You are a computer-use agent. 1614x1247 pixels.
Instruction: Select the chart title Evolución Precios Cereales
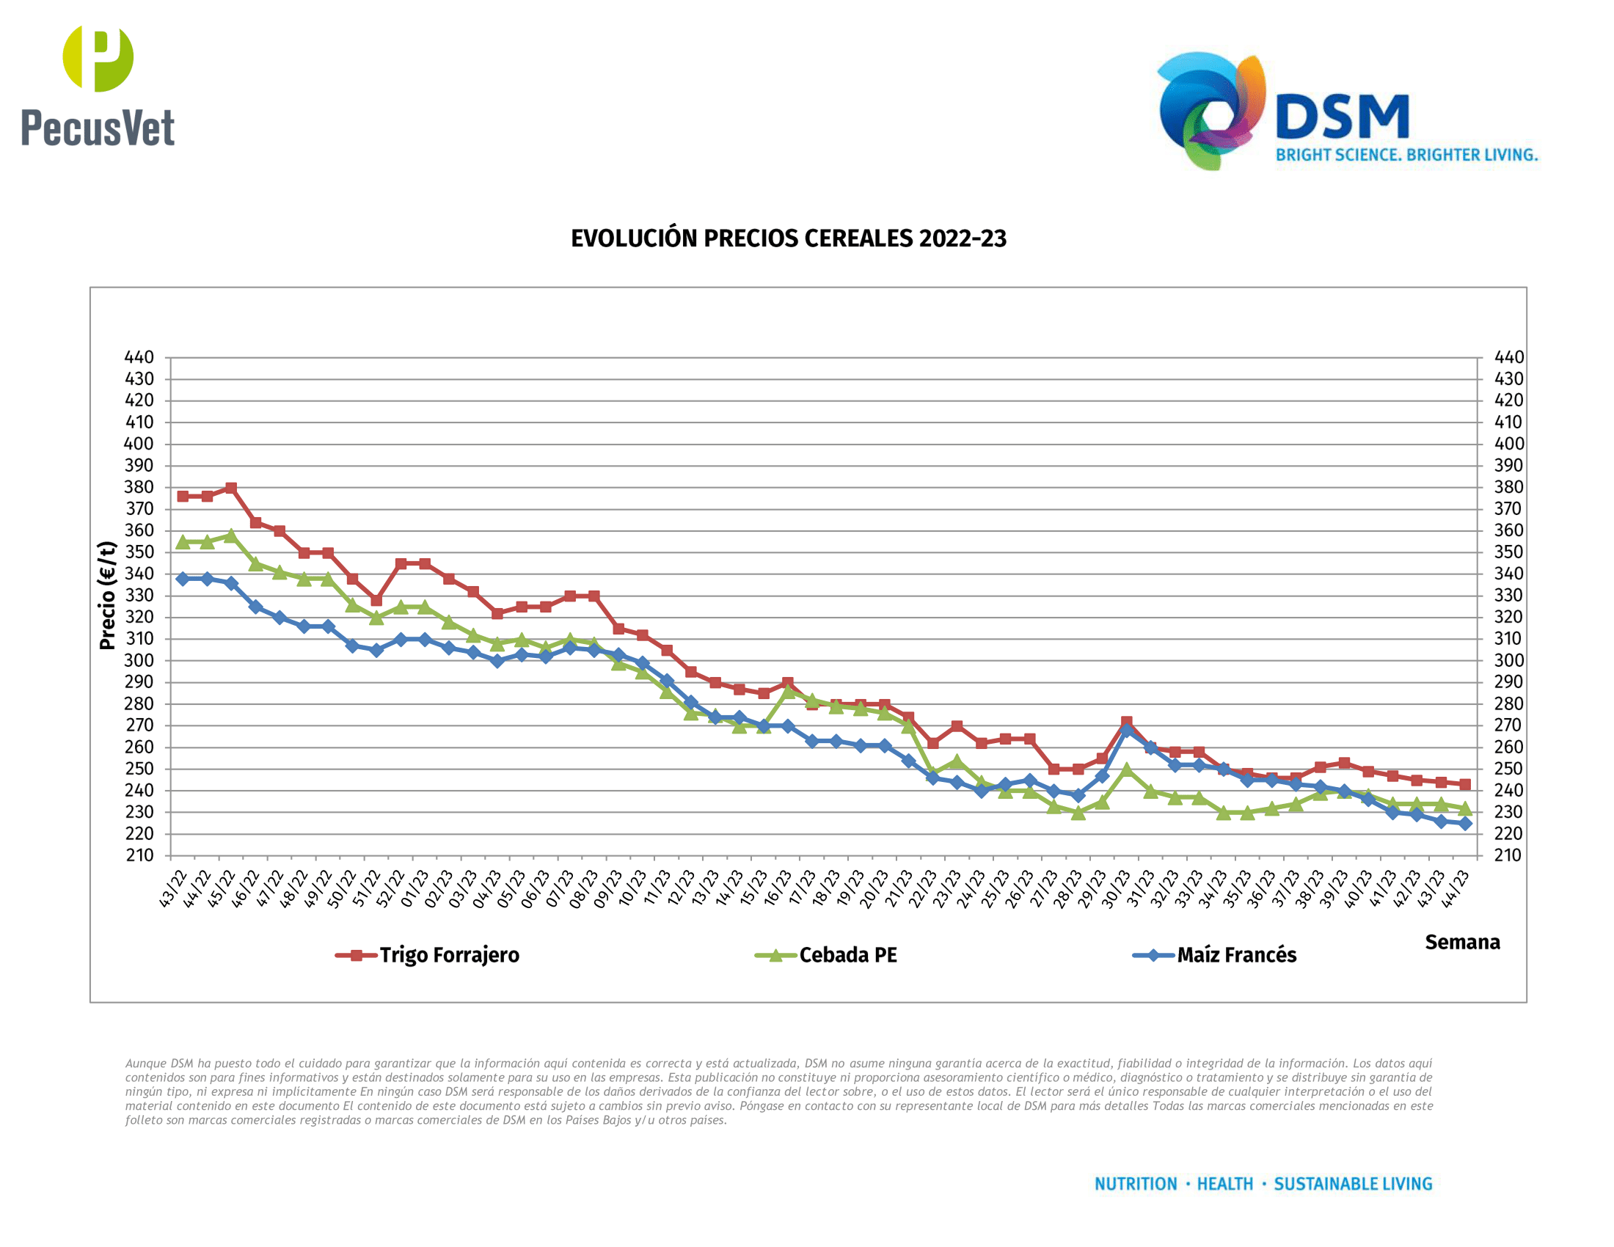tap(788, 238)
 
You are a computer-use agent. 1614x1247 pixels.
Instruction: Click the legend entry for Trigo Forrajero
tap(448, 955)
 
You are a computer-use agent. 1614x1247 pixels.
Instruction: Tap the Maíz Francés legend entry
tap(1235, 955)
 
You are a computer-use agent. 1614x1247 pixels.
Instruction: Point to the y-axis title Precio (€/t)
tap(108, 596)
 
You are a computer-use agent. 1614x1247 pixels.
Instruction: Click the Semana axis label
tap(1461, 943)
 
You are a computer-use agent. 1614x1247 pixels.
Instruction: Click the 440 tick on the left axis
tap(139, 357)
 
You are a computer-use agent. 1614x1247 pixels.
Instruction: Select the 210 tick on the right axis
tap(1508, 855)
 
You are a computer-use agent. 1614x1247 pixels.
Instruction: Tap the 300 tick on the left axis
tap(139, 660)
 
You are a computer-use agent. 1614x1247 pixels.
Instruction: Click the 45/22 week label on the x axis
tap(221, 890)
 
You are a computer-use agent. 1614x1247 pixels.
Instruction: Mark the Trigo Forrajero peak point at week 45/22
tap(231, 489)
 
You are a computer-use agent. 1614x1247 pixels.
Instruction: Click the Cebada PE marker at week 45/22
tap(231, 535)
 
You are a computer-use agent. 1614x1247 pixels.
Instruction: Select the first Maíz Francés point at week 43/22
tap(183, 579)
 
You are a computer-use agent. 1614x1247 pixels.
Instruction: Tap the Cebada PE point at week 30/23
tap(1126, 769)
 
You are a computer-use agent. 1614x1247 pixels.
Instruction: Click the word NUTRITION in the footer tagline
tap(1135, 1184)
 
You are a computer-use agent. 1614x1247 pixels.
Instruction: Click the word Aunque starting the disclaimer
tap(146, 1063)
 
